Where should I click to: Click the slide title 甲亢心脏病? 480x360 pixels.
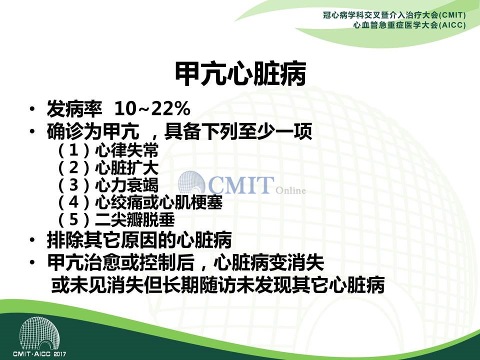pyautogui.click(x=240, y=74)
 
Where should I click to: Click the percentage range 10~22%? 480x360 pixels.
pyautogui.click(x=152, y=108)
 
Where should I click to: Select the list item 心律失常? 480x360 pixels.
pyautogui.click(x=126, y=150)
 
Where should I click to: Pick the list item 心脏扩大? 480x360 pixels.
pyautogui.click(x=126, y=167)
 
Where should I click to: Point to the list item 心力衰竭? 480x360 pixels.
pyautogui.click(x=126, y=185)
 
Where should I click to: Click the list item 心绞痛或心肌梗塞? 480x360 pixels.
pyautogui.click(x=158, y=202)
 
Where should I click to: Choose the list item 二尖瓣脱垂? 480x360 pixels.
pyautogui.click(x=134, y=219)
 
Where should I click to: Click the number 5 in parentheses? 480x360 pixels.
pyautogui.click(x=74, y=219)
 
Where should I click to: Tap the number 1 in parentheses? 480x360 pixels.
pyautogui.click(x=74, y=150)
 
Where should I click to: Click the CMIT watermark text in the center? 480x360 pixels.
pyautogui.click(x=241, y=184)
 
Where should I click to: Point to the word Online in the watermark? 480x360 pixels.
pyautogui.click(x=290, y=190)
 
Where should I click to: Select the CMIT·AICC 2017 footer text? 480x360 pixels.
pyautogui.click(x=39, y=354)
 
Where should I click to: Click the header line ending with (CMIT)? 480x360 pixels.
pyautogui.click(x=394, y=15)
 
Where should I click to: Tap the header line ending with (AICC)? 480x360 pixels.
pyautogui.click(x=409, y=25)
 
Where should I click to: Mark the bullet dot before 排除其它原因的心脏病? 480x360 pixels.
pyautogui.click(x=32, y=240)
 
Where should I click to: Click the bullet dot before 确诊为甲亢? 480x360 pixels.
pyautogui.click(x=32, y=131)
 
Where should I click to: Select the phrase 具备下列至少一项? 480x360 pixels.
pyautogui.click(x=238, y=131)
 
